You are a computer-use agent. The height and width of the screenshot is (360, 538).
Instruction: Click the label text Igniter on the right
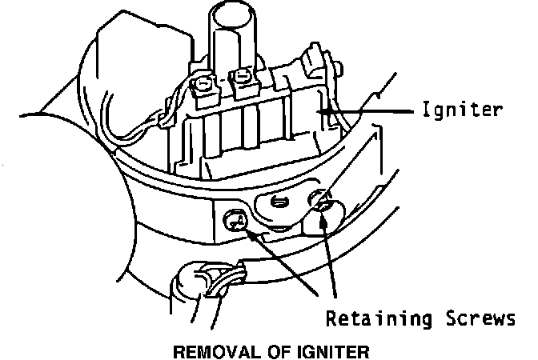coord(462,110)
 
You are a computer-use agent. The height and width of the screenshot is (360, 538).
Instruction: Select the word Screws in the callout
coord(478,320)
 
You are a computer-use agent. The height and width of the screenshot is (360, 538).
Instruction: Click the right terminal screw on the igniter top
coord(239,78)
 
